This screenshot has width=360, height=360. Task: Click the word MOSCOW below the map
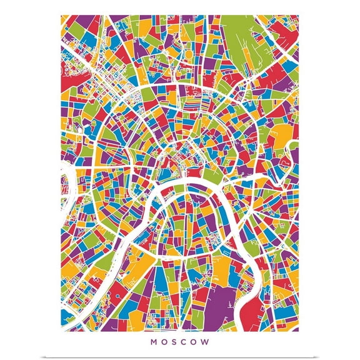click(x=180, y=342)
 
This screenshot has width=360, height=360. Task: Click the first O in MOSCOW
click(x=163, y=342)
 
